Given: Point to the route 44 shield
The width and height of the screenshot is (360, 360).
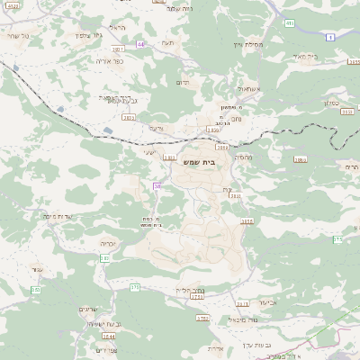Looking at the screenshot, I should coord(140,43).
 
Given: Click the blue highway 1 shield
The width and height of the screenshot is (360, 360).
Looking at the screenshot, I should coord(330,36).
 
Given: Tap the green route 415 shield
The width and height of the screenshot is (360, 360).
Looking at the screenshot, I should coord(290,23).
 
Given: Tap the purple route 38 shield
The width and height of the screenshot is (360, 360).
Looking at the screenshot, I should coord(157,186).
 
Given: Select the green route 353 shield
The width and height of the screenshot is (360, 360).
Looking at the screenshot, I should coord(35,290).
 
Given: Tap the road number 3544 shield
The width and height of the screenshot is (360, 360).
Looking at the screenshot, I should coord(109,336).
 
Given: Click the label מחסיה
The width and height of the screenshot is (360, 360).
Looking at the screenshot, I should coord(243,157).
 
